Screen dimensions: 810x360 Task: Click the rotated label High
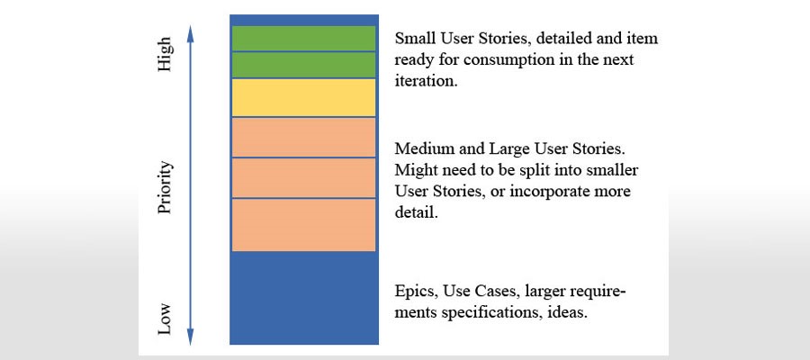[165, 54]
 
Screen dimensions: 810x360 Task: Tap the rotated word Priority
[166, 187]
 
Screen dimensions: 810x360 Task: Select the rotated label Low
[165, 319]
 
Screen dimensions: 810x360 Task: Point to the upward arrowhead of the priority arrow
[191, 33]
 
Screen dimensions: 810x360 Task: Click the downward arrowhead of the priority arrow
[191, 337]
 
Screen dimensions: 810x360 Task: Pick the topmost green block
[304, 38]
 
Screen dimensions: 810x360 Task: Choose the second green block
[304, 65]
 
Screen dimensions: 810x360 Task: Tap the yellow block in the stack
[304, 97]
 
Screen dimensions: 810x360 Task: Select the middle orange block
[304, 177]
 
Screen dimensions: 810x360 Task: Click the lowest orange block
[304, 225]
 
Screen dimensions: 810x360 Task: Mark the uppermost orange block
[304, 138]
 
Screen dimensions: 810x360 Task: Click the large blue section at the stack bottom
[304, 298]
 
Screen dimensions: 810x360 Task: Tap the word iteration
[426, 82]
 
